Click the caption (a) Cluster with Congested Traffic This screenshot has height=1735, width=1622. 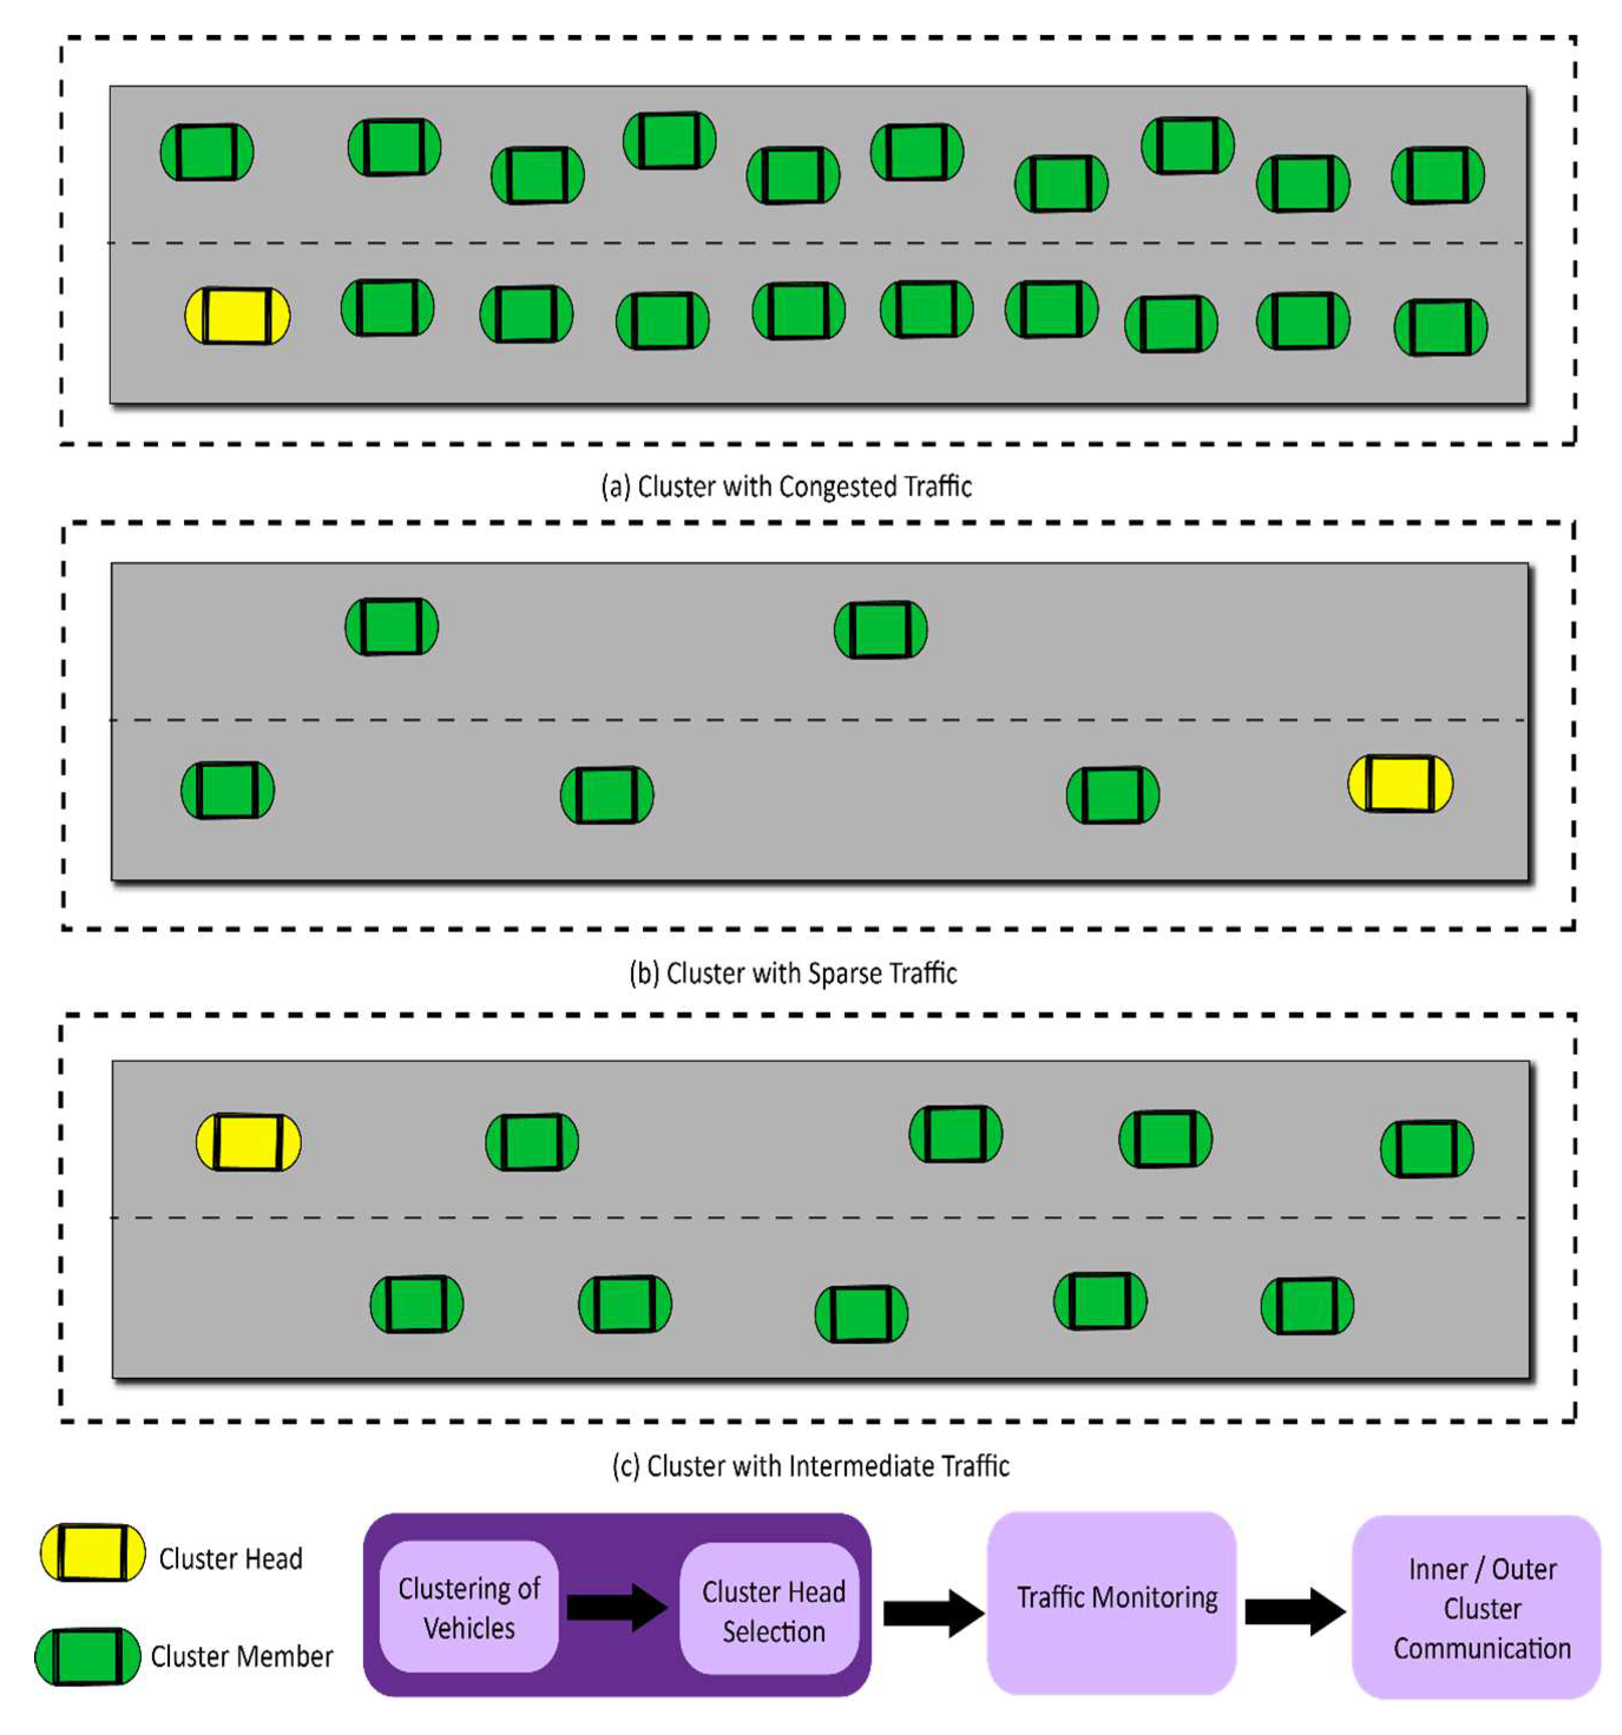[x=786, y=486]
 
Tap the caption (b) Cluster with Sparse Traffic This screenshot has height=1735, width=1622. [x=792, y=972]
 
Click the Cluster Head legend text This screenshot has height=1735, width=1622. [x=231, y=1558]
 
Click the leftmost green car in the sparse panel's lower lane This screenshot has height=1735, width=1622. [x=227, y=790]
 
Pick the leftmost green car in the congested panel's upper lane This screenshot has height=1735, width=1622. [x=207, y=152]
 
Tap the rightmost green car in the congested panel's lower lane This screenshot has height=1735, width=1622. [x=1440, y=327]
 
